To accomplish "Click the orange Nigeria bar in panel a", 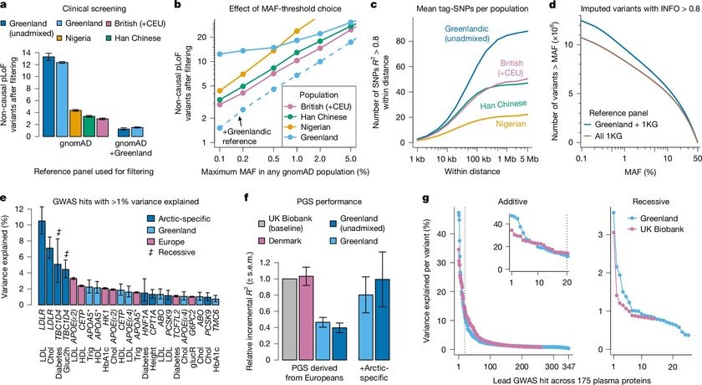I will coord(75,123).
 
